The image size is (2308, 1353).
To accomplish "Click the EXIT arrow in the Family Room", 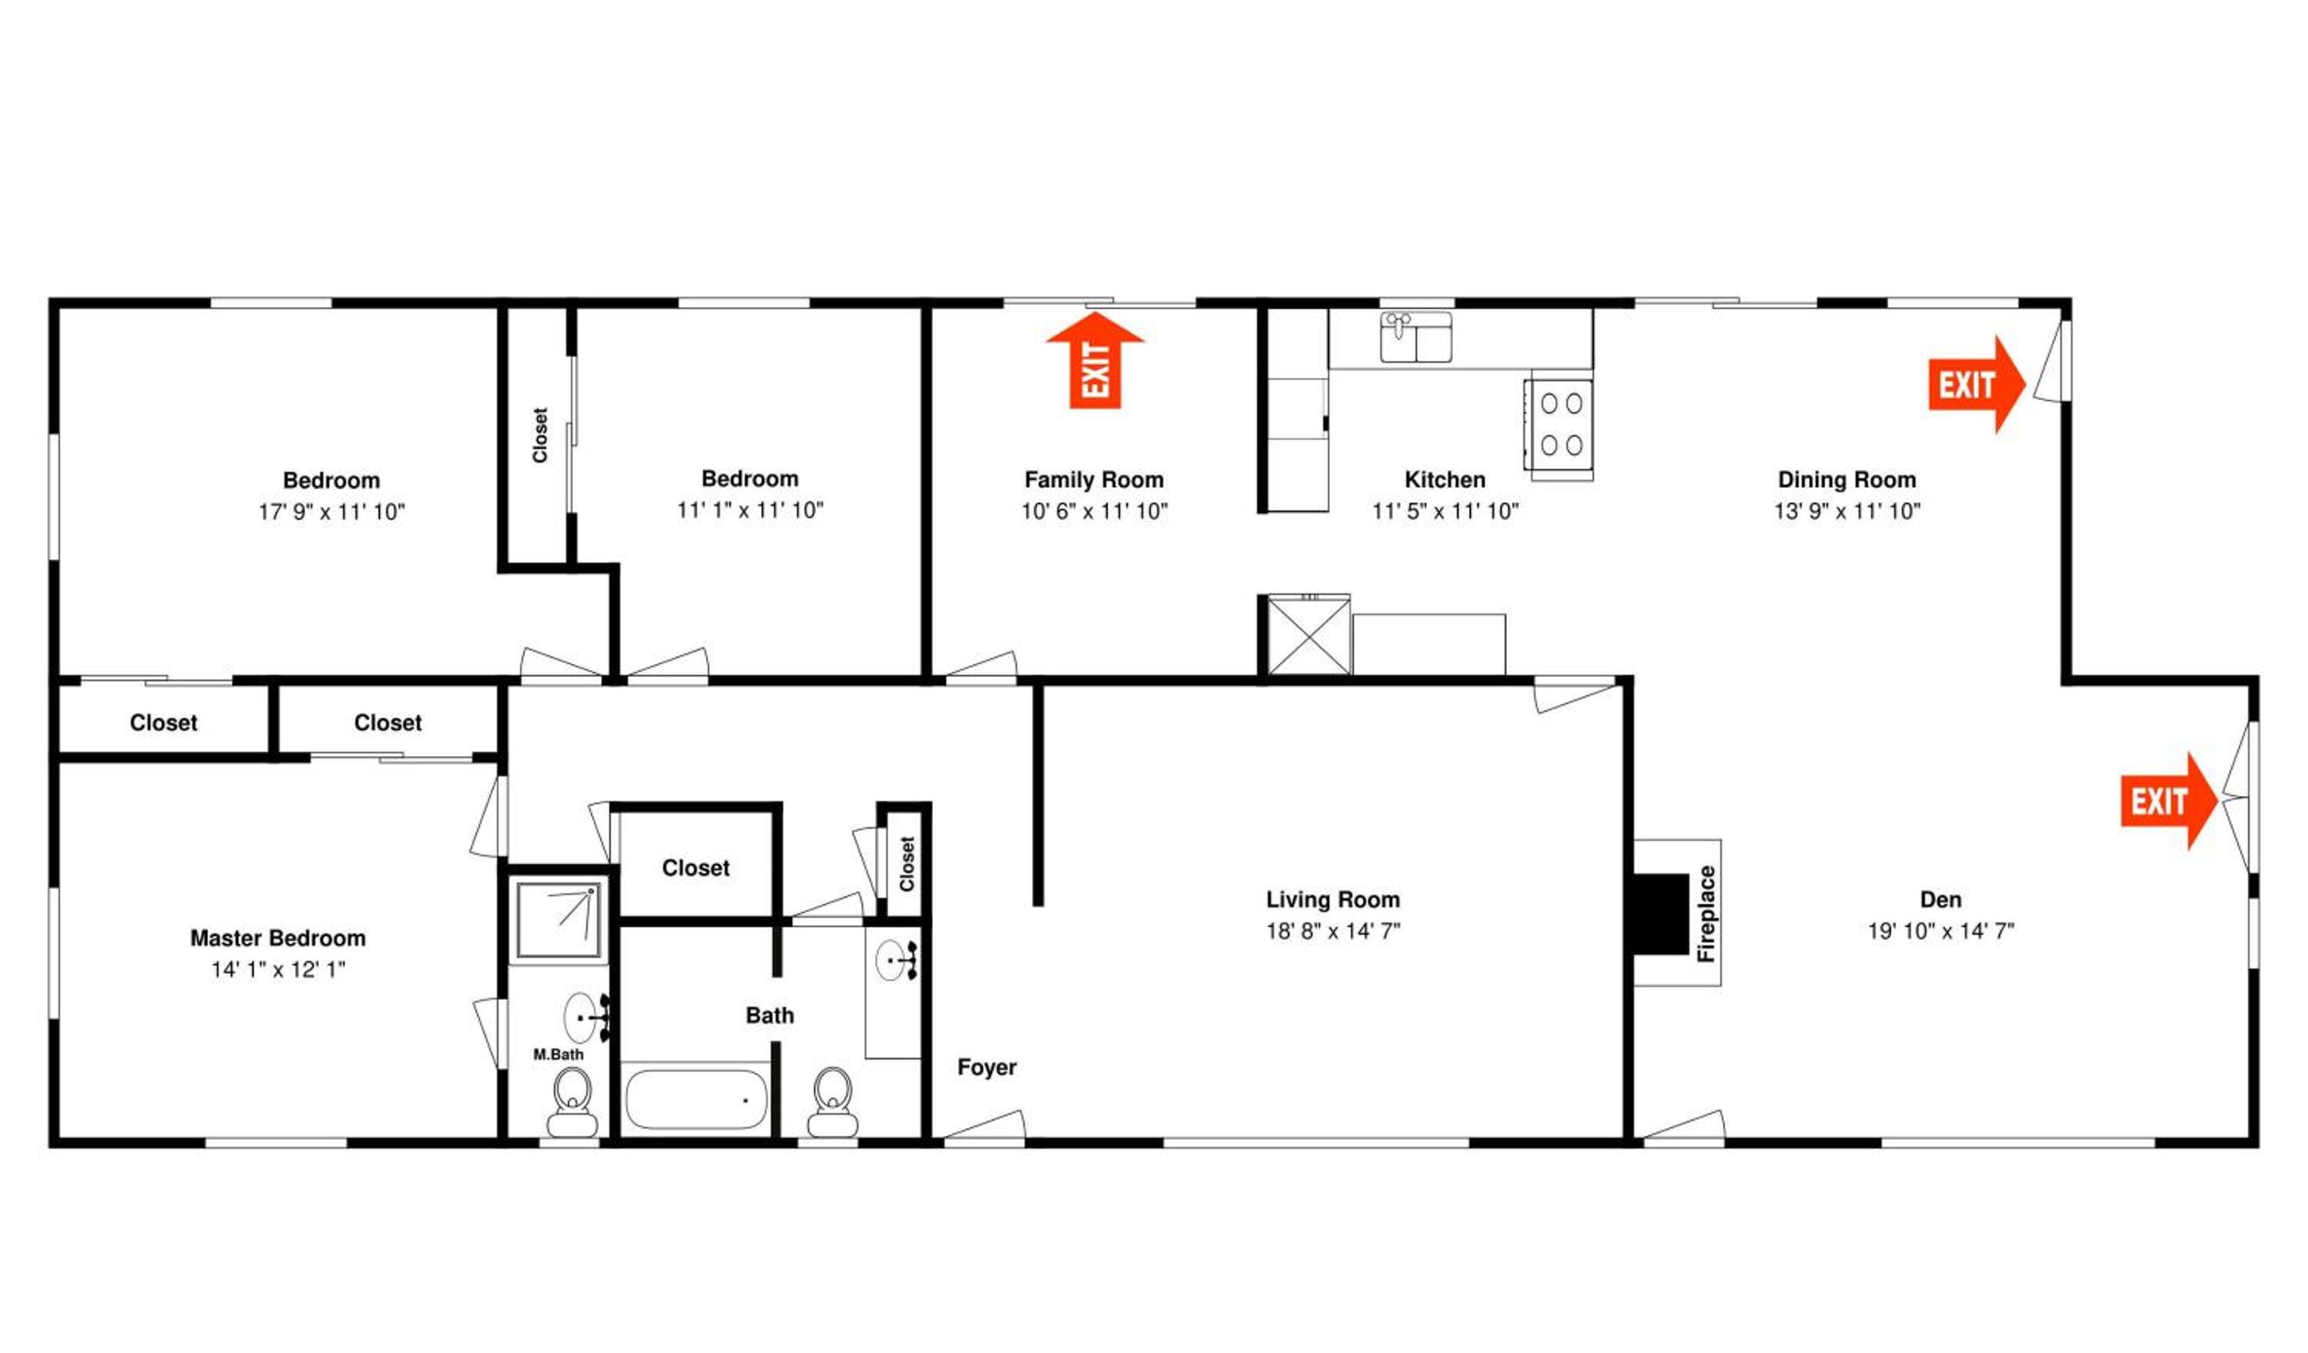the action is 1096,360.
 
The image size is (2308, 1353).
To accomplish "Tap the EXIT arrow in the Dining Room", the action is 1976,384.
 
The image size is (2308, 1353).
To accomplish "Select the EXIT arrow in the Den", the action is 2169,801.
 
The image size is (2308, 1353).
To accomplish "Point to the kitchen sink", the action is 1416,337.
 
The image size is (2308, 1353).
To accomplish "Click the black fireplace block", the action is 1659,913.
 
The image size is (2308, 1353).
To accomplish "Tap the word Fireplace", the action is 1706,913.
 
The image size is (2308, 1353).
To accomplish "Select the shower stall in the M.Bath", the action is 559,920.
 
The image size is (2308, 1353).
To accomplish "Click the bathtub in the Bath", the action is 697,1099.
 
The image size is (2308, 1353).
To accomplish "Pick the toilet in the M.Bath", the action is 572,1103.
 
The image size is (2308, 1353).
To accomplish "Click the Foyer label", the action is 986,1067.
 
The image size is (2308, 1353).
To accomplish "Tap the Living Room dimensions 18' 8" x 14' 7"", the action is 1332,931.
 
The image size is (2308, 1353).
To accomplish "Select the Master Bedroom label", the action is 278,939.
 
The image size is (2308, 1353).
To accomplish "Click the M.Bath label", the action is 558,1055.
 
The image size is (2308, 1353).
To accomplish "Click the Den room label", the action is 1941,900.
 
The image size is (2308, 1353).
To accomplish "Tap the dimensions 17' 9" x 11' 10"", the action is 332,512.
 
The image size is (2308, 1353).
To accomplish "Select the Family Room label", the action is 1095,480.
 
